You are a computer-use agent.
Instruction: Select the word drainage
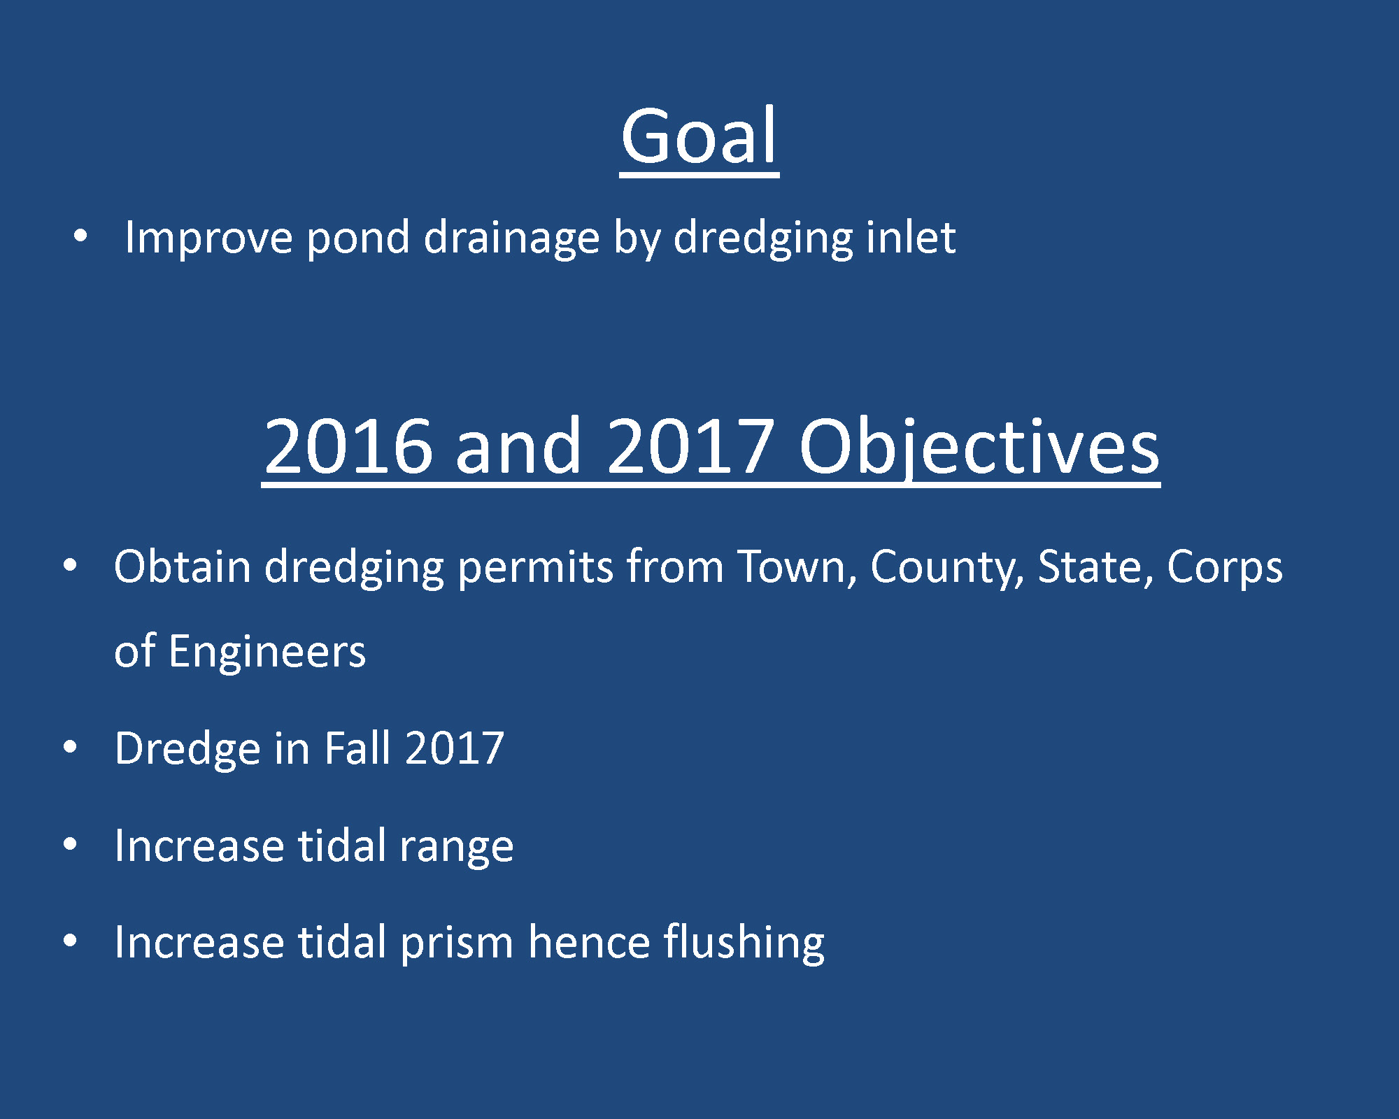pyautogui.click(x=512, y=238)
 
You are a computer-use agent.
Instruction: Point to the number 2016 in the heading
pyautogui.click(x=348, y=446)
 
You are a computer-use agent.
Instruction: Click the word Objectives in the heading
pyautogui.click(x=979, y=446)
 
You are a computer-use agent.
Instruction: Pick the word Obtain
pyautogui.click(x=182, y=566)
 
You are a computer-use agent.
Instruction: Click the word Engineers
pyautogui.click(x=267, y=652)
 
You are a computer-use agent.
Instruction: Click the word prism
pyautogui.click(x=457, y=943)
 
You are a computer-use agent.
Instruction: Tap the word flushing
pyautogui.click(x=744, y=943)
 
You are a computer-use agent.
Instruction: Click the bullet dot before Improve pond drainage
pyautogui.click(x=80, y=236)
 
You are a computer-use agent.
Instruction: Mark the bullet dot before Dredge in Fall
pyautogui.click(x=70, y=748)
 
